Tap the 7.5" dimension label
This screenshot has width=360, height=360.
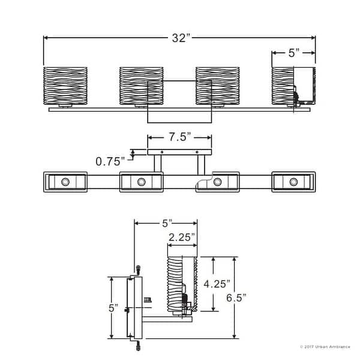(x=180, y=137)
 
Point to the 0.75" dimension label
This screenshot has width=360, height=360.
(x=110, y=161)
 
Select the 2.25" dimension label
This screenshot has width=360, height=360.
(x=181, y=237)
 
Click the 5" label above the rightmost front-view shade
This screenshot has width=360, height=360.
(x=293, y=53)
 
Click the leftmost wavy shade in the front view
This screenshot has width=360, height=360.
(x=65, y=85)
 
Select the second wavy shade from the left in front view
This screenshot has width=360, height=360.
(x=141, y=85)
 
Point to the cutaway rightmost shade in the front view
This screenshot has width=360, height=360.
(x=293, y=85)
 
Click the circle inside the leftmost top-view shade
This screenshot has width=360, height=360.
(x=65, y=182)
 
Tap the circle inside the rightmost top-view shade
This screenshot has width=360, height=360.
(x=293, y=182)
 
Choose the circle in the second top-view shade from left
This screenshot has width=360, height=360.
(x=141, y=182)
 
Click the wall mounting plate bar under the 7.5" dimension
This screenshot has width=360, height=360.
(x=179, y=152)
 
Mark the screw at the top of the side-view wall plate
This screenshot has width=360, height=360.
(x=139, y=268)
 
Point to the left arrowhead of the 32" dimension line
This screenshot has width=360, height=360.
(x=46, y=38)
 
